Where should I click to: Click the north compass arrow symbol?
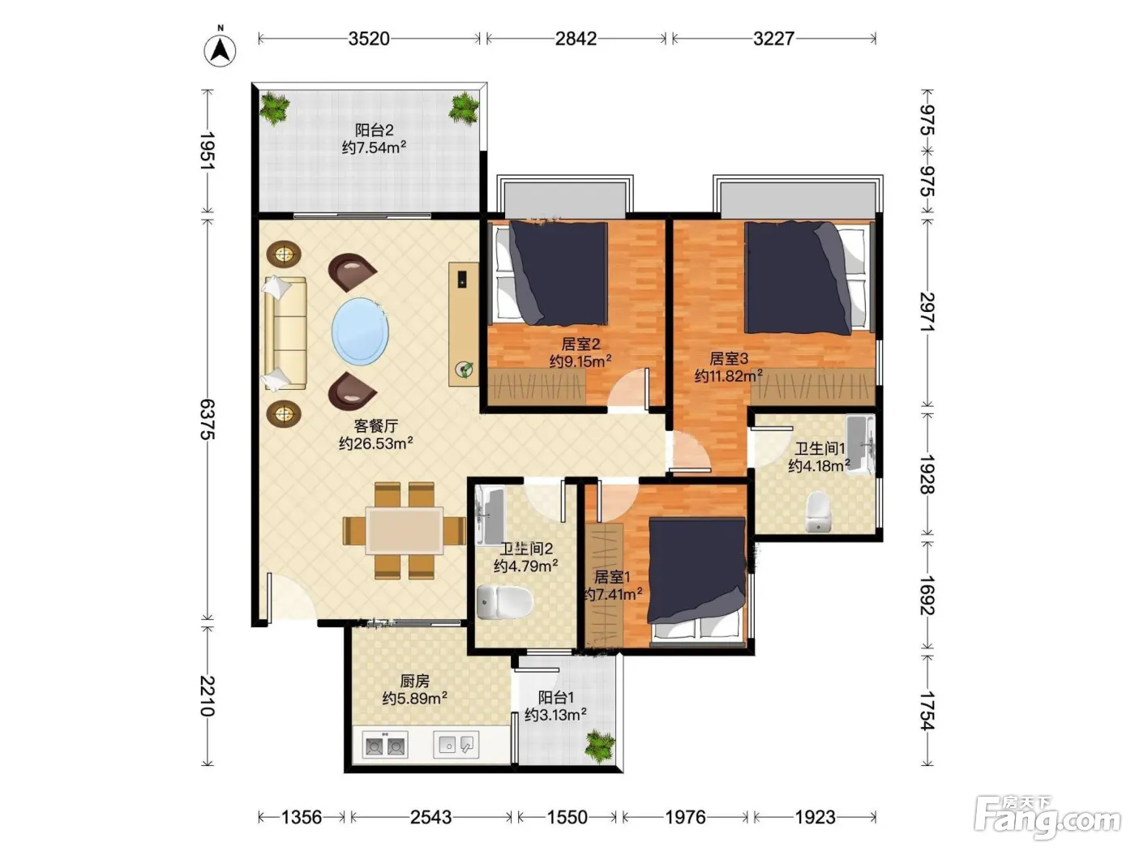[220, 50]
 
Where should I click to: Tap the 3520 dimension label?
[369, 39]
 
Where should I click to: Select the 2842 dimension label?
[576, 39]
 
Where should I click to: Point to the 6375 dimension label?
[208, 419]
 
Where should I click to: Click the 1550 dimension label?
[567, 817]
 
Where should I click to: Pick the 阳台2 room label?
[374, 130]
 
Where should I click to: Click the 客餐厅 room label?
[376, 425]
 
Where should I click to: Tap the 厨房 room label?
[415, 681]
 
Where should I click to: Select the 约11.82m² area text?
[728, 375]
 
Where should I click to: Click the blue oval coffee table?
[361, 331]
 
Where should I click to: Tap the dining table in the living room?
[405, 531]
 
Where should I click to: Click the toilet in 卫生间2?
[505, 602]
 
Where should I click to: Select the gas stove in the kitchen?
[385, 745]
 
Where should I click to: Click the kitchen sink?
[456, 745]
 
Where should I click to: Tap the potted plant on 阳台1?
[601, 746]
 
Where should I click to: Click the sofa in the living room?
[285, 333]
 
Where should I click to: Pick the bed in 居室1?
[696, 581]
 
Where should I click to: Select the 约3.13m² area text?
[556, 715]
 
